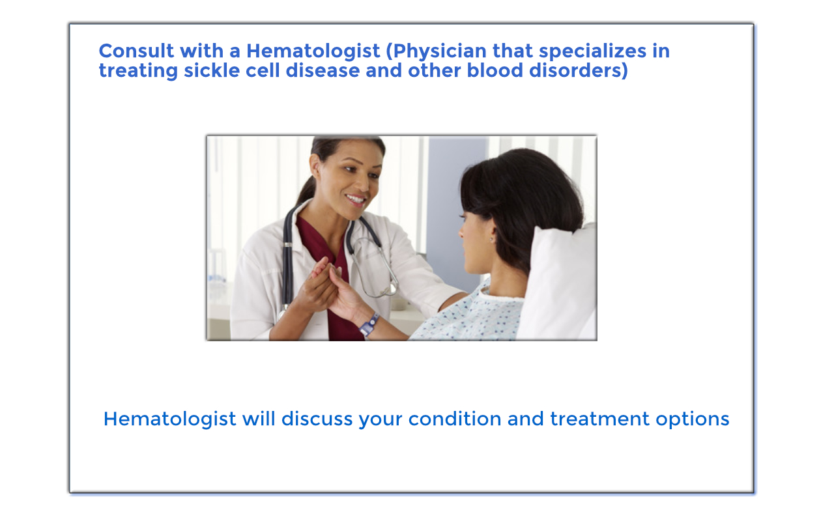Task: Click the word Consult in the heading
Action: pos(136,51)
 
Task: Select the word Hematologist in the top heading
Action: pos(313,51)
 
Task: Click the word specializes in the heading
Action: pos(592,51)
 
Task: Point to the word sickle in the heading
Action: pos(212,71)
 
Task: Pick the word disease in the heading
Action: pos(323,71)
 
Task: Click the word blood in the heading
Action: pos(495,71)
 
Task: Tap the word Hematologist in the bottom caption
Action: pos(170,420)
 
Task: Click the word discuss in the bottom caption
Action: pos(317,419)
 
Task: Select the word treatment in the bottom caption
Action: pos(600,419)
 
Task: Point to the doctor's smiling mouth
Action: pos(356,199)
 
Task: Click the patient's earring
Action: pos(492,239)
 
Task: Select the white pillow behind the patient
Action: pos(558,283)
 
